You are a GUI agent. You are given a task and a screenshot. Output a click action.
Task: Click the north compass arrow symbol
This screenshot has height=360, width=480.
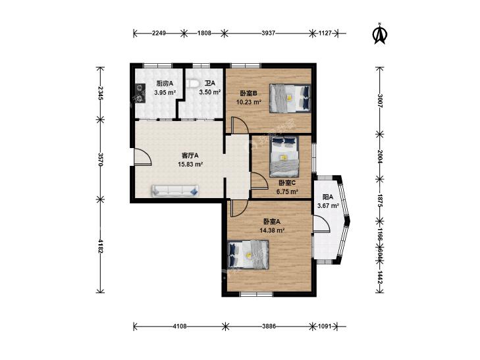380,34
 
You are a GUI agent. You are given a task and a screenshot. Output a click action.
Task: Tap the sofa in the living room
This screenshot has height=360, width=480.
175,191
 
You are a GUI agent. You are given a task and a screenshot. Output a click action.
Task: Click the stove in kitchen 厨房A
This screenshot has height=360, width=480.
140,93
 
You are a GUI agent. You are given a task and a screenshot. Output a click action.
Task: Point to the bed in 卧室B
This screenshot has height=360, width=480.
290,98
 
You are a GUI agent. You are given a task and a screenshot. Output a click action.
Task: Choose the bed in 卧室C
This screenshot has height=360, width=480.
284,157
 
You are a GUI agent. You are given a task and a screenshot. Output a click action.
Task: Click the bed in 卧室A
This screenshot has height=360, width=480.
249,255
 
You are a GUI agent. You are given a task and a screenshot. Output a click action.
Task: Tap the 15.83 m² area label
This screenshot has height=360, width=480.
190,165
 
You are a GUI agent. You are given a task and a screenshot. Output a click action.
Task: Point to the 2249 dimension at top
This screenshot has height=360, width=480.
159,33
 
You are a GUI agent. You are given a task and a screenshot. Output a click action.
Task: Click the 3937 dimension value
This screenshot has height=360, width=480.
269,33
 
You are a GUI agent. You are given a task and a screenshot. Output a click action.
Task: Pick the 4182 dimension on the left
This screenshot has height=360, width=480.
100,245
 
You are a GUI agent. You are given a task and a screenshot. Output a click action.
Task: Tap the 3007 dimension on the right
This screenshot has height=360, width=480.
380,101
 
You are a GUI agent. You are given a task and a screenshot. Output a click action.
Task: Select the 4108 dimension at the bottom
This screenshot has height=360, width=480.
179,326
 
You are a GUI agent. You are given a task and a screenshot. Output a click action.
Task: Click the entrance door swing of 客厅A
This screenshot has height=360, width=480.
143,157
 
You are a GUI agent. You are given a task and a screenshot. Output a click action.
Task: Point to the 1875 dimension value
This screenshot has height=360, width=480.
380,201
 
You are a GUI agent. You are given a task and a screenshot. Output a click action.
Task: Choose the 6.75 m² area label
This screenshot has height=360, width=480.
288,192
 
